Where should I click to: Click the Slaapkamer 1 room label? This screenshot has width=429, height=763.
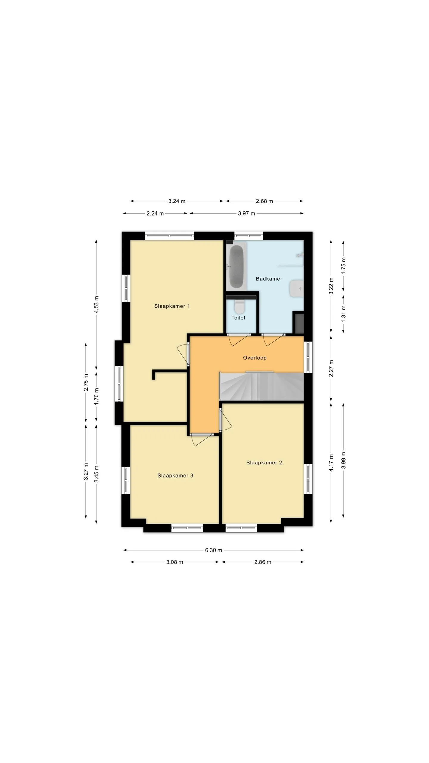pos(172,306)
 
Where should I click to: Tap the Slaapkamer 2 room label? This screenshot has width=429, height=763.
pos(264,463)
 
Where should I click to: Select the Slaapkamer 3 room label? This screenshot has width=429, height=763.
pos(175,475)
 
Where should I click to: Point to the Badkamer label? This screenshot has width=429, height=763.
pos(269,279)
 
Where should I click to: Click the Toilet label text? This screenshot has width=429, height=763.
pos(238,318)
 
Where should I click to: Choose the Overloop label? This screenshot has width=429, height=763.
pos(255,358)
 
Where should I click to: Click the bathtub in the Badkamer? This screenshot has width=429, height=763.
pos(236,266)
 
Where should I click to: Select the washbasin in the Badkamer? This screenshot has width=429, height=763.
pos(296,289)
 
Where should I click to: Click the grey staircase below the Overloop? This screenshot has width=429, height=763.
pos(262,386)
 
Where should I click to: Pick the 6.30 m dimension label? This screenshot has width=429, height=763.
pos(213,550)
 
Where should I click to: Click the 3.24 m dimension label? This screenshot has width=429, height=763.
pos(177,201)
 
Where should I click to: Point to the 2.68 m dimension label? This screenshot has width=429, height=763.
pos(264,201)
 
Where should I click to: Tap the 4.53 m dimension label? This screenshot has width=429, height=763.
pos(96,304)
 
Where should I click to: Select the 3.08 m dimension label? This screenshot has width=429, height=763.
pos(175,562)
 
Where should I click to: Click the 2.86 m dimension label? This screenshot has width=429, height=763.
pos(263,562)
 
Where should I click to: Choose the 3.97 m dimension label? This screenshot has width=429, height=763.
pos(246,213)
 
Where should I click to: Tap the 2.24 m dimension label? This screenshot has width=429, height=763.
pos(155,213)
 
